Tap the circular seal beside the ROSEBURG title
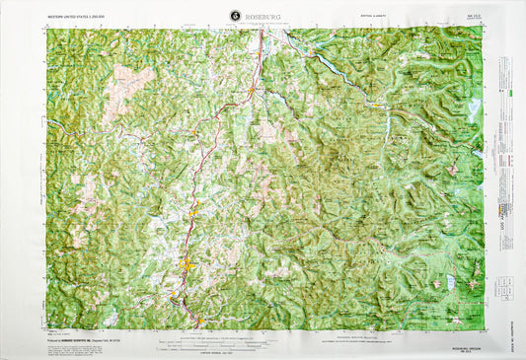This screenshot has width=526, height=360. [x=234, y=15]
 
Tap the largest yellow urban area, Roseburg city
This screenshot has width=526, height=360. [x=187, y=264]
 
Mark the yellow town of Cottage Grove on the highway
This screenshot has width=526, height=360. [x=252, y=92]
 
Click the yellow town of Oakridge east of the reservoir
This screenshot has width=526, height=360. [x=377, y=100]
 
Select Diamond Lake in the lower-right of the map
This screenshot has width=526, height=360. [x=450, y=283]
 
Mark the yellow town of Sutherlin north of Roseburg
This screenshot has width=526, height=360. [x=194, y=210]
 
